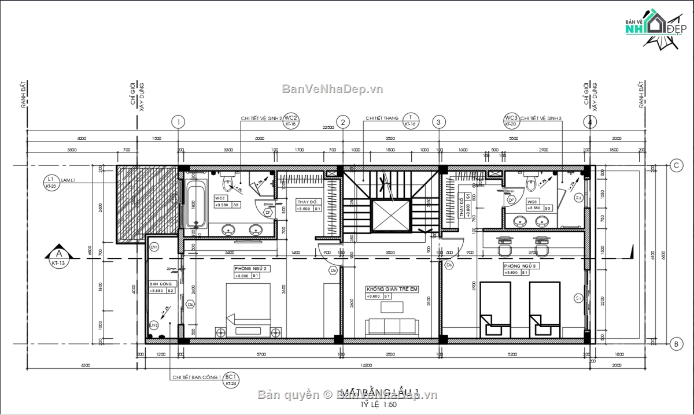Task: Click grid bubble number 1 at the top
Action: [x=179, y=122]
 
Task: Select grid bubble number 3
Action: [x=439, y=122]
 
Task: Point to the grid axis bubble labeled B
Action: [x=675, y=345]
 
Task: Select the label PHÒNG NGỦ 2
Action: [x=250, y=269]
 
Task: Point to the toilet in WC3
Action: [x=530, y=183]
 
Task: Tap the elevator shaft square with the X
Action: [x=390, y=214]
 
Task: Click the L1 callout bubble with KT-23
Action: [x=51, y=182]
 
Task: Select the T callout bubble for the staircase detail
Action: [x=411, y=120]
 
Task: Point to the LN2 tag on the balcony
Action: [x=154, y=325]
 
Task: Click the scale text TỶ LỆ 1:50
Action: [x=376, y=405]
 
